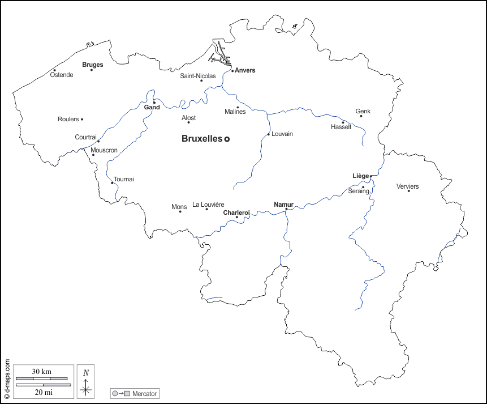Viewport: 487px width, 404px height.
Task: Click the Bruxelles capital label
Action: [201, 139]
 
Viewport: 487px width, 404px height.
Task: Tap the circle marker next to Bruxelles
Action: [227, 139]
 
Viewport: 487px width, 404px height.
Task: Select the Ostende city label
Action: [62, 75]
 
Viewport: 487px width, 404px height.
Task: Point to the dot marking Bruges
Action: [92, 70]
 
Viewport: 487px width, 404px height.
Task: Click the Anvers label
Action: [245, 70]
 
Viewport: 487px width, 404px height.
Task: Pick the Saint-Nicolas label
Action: [197, 75]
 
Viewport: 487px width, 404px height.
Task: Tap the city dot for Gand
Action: [154, 103]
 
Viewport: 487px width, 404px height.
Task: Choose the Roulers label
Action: [68, 119]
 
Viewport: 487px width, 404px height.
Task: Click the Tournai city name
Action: [124, 179]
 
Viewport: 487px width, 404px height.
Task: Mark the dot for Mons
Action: [180, 211]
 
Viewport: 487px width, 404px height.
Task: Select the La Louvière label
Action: [208, 205]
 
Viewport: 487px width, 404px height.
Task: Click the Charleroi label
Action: [236, 212]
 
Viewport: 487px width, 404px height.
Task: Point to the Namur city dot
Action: [286, 209]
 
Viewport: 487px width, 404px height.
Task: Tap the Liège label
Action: [360, 176]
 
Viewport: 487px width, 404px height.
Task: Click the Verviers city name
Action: [407, 186]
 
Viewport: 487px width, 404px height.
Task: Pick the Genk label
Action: [363, 111]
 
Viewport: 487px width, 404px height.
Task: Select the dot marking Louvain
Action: [268, 134]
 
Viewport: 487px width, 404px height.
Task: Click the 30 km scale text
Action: [42, 371]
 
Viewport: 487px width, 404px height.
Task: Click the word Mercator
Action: [145, 393]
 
